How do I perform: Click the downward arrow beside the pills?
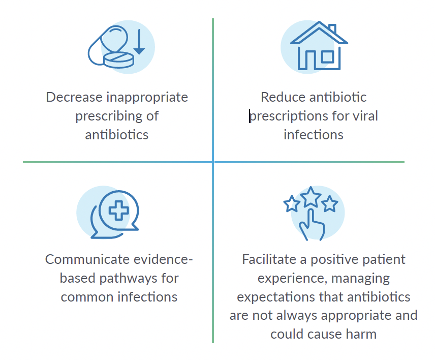pos(139,42)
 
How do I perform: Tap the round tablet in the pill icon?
pos(119,60)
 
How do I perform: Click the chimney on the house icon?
pos(333,29)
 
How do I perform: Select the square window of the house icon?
pos(327,57)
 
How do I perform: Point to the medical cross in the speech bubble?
pos(119,211)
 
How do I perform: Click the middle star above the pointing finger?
pos(310,197)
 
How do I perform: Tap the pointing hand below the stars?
pos(312,225)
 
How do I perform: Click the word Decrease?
pos(74,97)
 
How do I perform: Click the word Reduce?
pos(283,97)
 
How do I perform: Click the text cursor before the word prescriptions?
pos(250,116)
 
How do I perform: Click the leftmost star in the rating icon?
pos(292,203)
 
